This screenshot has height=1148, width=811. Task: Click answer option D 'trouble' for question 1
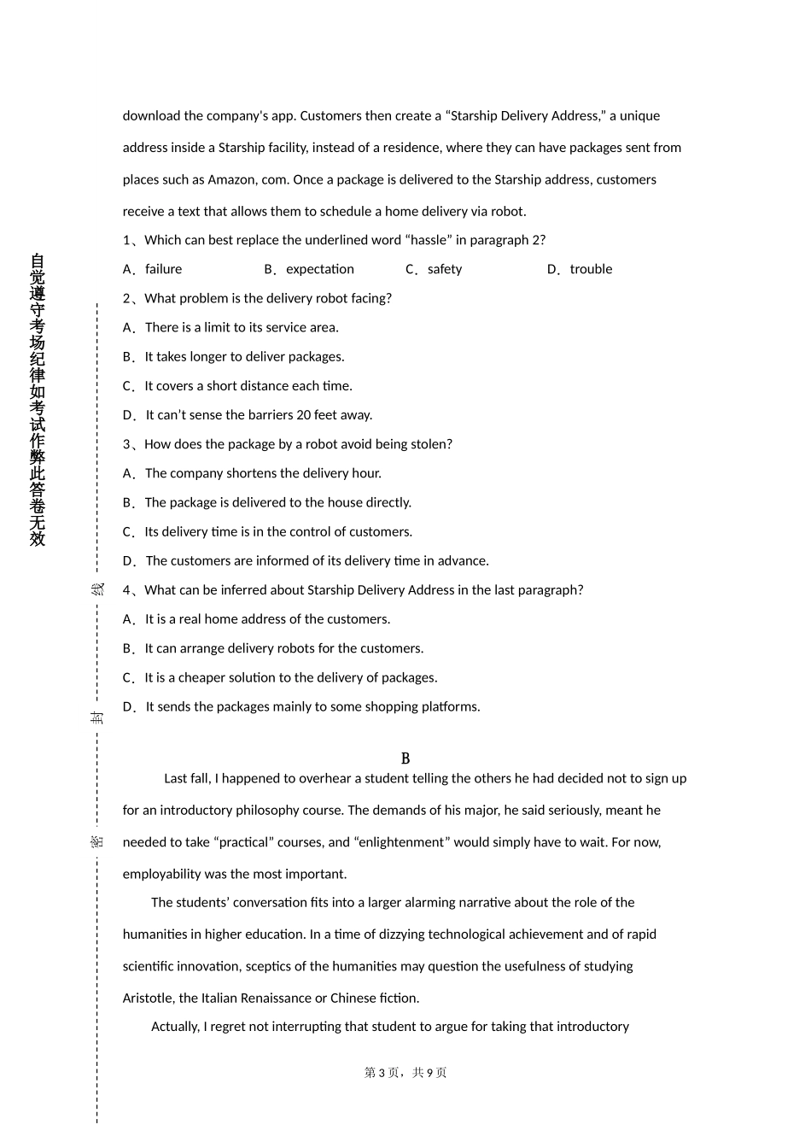pyautogui.click(x=591, y=269)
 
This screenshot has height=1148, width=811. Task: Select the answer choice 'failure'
pyautogui.click(x=163, y=269)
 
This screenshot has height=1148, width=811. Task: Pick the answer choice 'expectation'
pyautogui.click(x=319, y=269)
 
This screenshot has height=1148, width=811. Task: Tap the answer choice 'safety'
pyautogui.click(x=444, y=269)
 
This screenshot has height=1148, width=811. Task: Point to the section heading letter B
pyautogui.click(x=405, y=758)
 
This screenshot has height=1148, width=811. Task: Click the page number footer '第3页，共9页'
pyautogui.click(x=405, y=1073)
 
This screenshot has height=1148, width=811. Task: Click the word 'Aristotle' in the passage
pyautogui.click(x=149, y=998)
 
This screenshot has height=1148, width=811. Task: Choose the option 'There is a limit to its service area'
pyautogui.click(x=242, y=327)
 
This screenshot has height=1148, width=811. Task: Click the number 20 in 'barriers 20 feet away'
pyautogui.click(x=303, y=415)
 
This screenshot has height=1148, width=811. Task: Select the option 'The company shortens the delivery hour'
pyautogui.click(x=263, y=473)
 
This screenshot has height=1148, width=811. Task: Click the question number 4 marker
pyautogui.click(x=127, y=590)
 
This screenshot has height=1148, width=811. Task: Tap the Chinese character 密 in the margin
pyautogui.click(x=97, y=841)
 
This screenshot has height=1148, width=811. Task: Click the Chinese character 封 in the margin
pyautogui.click(x=97, y=717)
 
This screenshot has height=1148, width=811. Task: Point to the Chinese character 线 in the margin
pyautogui.click(x=97, y=590)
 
